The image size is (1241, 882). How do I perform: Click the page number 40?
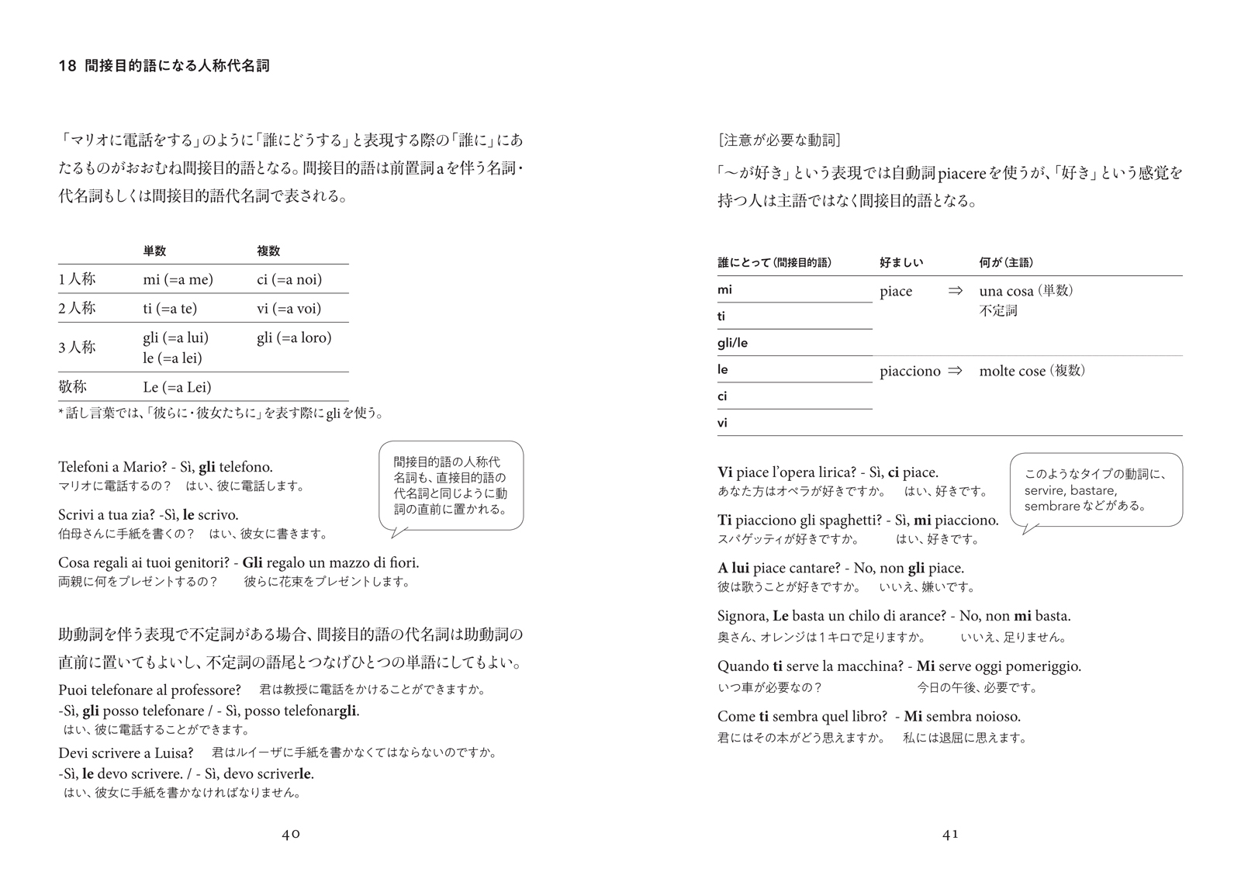[x=291, y=834]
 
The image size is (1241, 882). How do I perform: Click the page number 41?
[x=950, y=834]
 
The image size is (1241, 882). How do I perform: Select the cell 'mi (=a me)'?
[x=178, y=279]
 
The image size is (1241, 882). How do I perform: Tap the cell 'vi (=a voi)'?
[x=289, y=309]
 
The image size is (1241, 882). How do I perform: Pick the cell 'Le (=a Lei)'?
[x=177, y=387]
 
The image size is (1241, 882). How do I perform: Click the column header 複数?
[x=268, y=251]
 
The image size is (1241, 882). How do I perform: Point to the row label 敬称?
[x=72, y=387]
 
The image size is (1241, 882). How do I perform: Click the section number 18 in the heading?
[x=67, y=67]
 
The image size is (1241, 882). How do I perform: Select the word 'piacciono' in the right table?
[x=910, y=372]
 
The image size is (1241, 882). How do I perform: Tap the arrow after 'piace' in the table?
[x=956, y=291]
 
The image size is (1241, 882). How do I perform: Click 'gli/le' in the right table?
[x=732, y=343]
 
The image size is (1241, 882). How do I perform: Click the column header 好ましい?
[x=901, y=263]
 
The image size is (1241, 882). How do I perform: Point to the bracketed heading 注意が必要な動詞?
[x=780, y=140]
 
